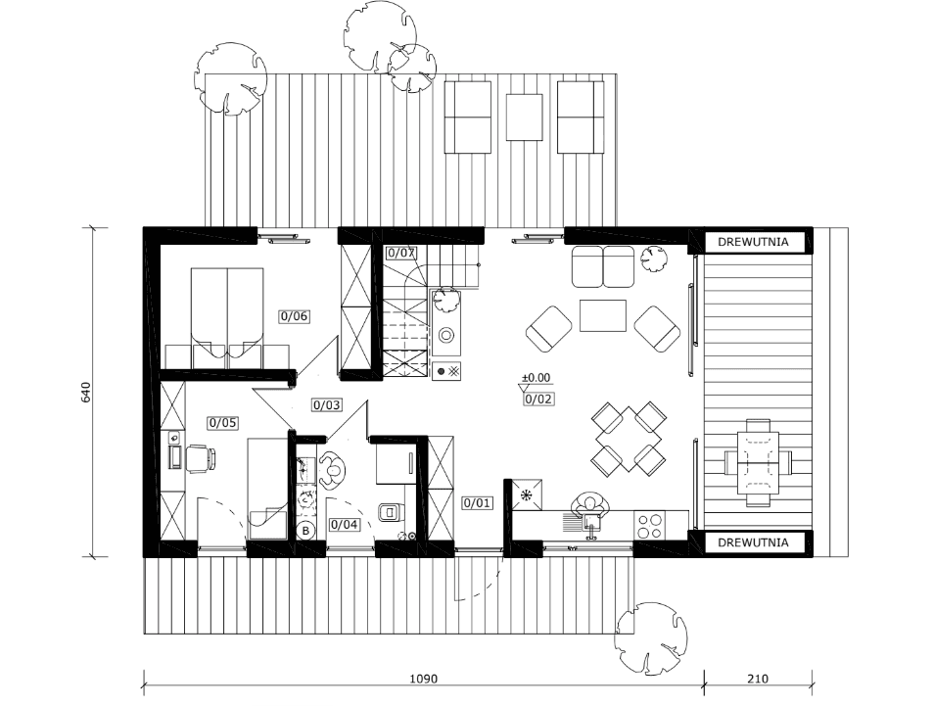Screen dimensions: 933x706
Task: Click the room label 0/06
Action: (x=294, y=316)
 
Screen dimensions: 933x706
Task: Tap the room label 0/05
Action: (x=222, y=423)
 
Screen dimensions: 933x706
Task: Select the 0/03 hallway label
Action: (x=327, y=405)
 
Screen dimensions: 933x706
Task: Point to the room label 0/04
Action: (x=345, y=525)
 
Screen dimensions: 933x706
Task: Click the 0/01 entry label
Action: (x=477, y=503)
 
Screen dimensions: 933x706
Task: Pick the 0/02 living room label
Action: (x=537, y=399)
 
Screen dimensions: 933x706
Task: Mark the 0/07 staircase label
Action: (x=400, y=253)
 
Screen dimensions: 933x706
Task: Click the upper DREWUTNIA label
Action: (x=753, y=242)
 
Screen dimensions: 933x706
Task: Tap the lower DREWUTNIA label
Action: (x=753, y=542)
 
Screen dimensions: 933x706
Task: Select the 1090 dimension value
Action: (x=424, y=679)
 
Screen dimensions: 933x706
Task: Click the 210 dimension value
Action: (x=758, y=679)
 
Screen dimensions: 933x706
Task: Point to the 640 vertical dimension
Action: (x=86, y=393)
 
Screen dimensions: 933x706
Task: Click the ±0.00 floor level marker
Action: (x=536, y=377)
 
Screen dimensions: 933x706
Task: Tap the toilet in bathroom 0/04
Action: (x=391, y=511)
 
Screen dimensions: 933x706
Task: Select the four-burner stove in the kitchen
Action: (x=649, y=525)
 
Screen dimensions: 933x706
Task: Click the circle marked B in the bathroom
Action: (x=306, y=531)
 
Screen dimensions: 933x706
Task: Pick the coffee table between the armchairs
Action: (x=603, y=315)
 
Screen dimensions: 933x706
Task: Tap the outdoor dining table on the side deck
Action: (x=758, y=463)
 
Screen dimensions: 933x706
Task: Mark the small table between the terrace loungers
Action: (x=524, y=117)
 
